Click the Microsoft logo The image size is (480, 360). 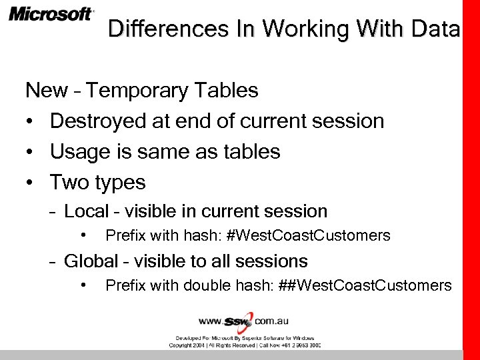(x=51, y=14)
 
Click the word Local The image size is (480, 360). (x=86, y=211)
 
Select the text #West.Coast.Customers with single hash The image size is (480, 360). (x=309, y=235)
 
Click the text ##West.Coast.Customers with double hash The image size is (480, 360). (x=375, y=285)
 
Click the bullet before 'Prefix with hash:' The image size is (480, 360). (x=84, y=235)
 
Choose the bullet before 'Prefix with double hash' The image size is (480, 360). (x=84, y=285)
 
